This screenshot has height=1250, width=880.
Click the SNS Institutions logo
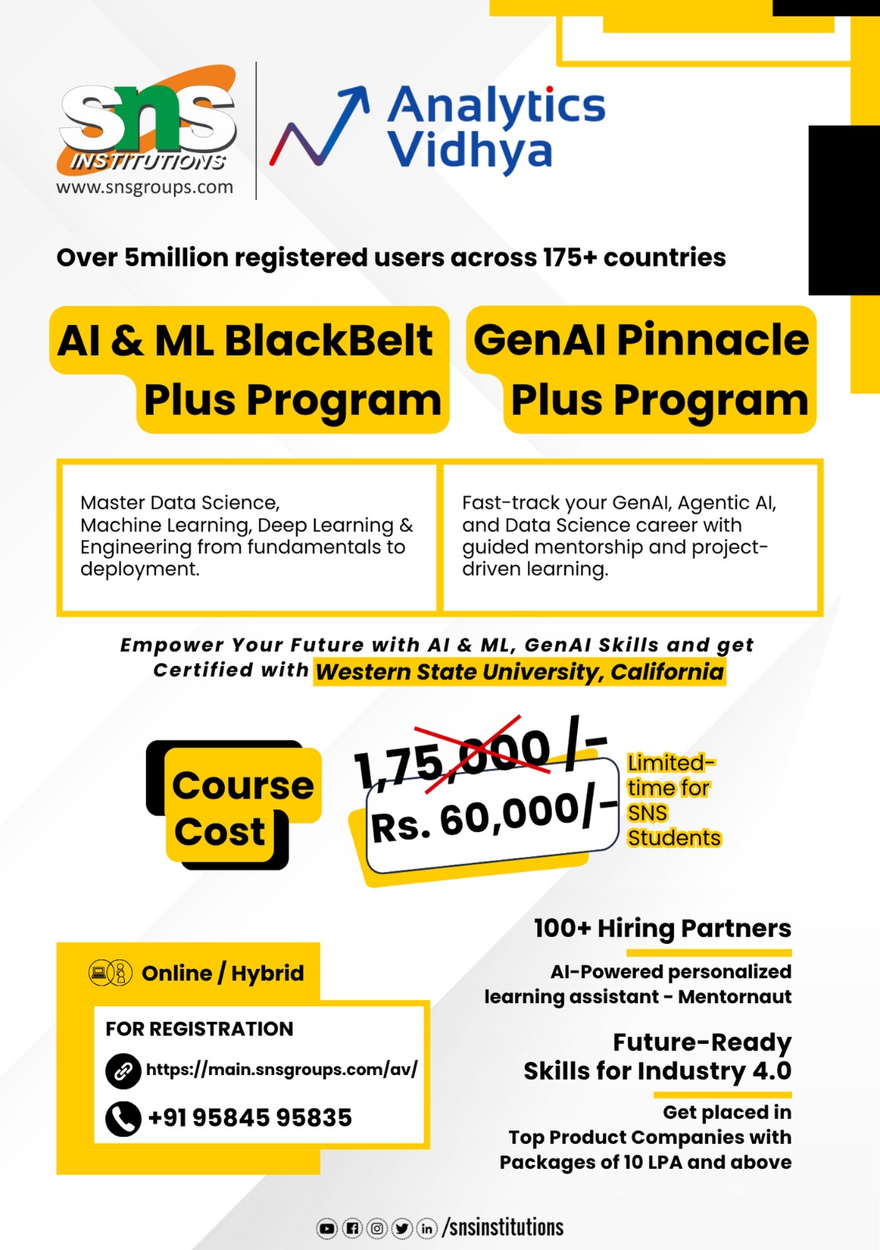[147, 120]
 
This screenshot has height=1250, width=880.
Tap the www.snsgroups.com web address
[144, 187]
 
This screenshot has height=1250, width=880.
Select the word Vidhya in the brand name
[469, 151]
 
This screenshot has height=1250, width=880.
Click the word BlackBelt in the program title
[328, 341]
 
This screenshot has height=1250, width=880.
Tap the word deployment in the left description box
[139, 570]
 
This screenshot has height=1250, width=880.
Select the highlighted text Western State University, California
[519, 672]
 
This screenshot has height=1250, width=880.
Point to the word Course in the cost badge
[243, 785]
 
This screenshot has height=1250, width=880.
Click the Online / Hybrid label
[223, 973]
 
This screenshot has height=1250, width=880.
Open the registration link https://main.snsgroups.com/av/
[281, 1069]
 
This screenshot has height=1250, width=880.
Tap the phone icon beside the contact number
[123, 1119]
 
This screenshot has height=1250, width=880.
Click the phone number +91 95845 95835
[250, 1118]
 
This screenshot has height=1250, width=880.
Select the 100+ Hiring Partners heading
[662, 928]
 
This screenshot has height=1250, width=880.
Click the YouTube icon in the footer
[327, 1229]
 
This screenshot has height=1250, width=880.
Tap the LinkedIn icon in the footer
[426, 1229]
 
